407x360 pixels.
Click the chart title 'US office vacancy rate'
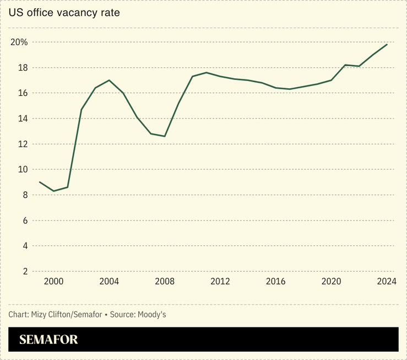click(x=64, y=12)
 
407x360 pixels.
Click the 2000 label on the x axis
click(x=54, y=282)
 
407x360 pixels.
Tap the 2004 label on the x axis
click(x=109, y=282)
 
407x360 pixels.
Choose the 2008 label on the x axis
click(x=165, y=282)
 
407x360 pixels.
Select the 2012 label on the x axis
click(x=220, y=282)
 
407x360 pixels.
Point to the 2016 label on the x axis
click(x=276, y=282)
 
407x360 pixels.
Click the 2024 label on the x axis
click(x=387, y=282)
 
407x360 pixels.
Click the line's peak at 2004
click(x=109, y=80)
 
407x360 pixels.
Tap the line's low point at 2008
click(x=165, y=136)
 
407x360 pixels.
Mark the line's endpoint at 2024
click(x=387, y=44)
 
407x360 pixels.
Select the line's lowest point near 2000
click(x=54, y=191)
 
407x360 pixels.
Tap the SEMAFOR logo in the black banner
click(x=48, y=340)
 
